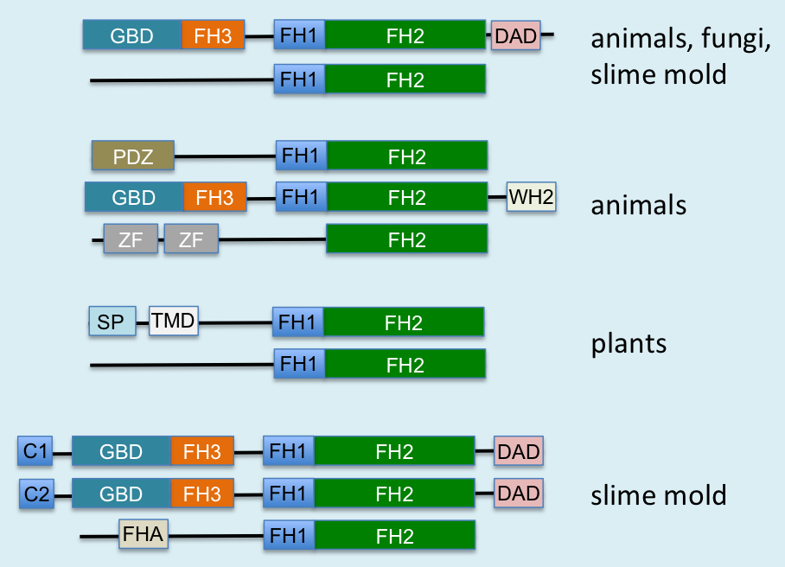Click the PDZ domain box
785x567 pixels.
[x=133, y=157]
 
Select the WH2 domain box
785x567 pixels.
[x=531, y=197]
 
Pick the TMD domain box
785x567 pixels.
[x=174, y=322]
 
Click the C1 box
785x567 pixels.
[x=36, y=451]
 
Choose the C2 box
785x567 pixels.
[x=36, y=494]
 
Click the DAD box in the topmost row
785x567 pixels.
[x=515, y=35]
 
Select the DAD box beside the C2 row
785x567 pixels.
[x=519, y=494]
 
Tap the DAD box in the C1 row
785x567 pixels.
[x=519, y=451]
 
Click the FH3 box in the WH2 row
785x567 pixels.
[x=214, y=197]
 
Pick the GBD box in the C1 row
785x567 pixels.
[x=121, y=451]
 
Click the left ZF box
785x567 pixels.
[x=131, y=239]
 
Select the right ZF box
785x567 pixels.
[x=191, y=239]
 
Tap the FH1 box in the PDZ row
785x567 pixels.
[x=301, y=157]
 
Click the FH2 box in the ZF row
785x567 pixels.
[x=406, y=239]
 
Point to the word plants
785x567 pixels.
[x=629, y=344]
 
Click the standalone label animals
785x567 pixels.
[x=639, y=206]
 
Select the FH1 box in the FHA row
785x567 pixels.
[x=289, y=536]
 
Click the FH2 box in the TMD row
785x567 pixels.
[x=404, y=322]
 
